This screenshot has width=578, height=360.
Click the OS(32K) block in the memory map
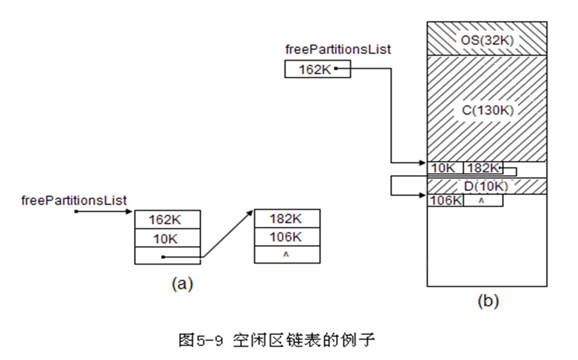487,39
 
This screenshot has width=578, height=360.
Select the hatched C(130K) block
487,108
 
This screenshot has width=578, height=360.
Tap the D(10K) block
486,187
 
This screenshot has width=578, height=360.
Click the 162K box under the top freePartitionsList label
317,69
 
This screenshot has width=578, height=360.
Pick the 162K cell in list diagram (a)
167,220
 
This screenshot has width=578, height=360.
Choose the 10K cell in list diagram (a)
167,238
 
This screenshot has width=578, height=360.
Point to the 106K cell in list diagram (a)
287,238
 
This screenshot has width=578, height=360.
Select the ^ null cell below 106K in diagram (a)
287,255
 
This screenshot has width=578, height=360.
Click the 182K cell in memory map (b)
482,168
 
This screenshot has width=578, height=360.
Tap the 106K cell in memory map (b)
445,201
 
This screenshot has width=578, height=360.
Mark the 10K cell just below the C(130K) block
445,168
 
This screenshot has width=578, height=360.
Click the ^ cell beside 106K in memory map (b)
483,201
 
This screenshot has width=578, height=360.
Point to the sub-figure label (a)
181,283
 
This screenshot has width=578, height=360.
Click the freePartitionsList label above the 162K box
338,49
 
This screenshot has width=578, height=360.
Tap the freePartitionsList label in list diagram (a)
74,200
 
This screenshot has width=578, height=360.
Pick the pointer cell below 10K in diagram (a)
167,256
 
